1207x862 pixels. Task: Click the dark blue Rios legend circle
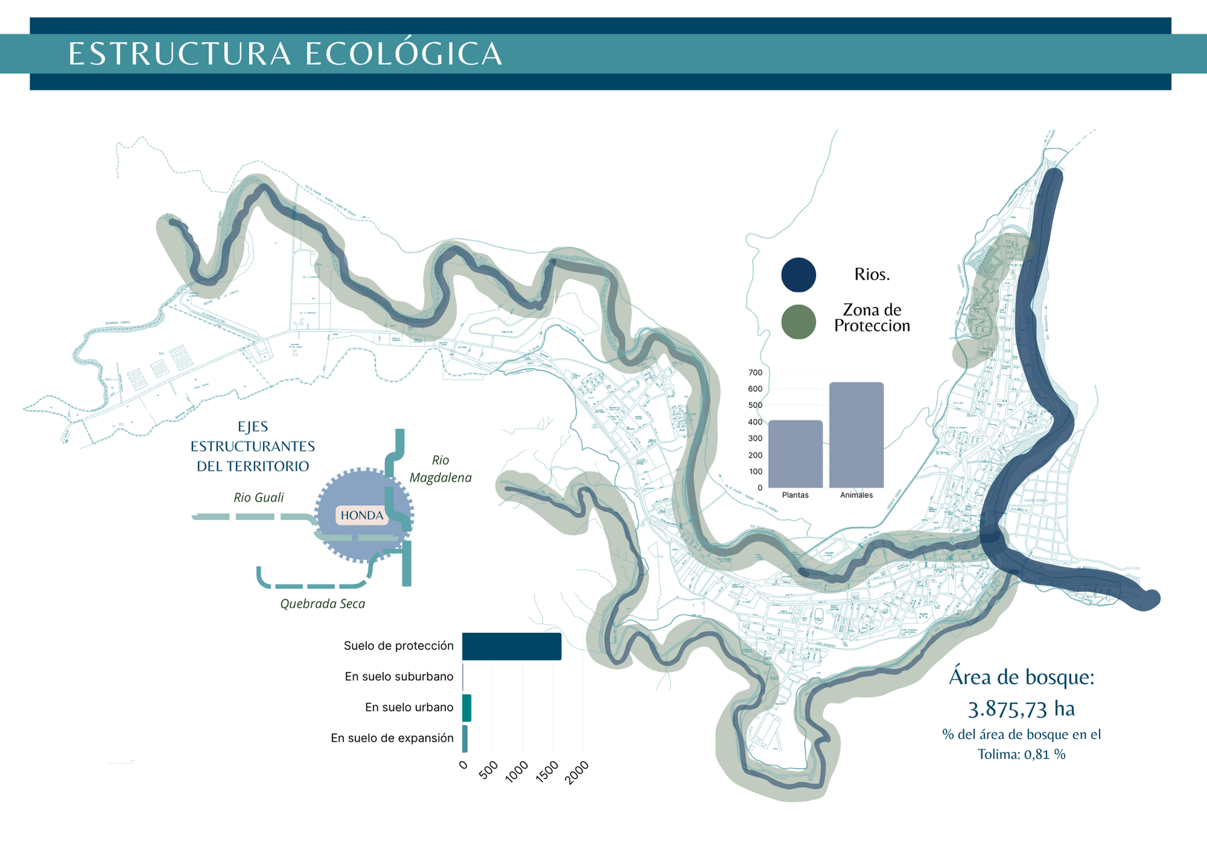coord(798,275)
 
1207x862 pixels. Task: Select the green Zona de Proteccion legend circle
coord(798,322)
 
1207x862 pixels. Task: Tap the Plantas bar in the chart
coord(795,454)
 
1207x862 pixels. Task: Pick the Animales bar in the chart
coord(856,435)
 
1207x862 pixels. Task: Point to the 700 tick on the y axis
coord(756,372)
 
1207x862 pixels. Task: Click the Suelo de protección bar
coord(511,646)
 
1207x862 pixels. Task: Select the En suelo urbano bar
coord(467,708)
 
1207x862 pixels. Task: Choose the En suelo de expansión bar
coord(465,739)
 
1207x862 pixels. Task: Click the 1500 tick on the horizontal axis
coord(547,771)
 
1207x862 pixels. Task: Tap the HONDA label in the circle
coord(361,516)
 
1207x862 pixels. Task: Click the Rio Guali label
coord(258,497)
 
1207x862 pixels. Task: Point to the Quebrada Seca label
coord(322,604)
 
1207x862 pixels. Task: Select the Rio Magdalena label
coord(441,469)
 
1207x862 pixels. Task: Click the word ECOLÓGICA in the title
coord(403,54)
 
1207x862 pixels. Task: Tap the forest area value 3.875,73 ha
coord(1021,709)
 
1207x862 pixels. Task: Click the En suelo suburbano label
coord(399,677)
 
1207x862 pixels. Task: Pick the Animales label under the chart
coord(856,495)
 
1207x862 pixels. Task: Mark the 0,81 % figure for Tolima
coord(1044,754)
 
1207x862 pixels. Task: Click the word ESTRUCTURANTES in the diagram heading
coord(253,446)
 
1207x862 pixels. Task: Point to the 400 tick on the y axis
coord(756,422)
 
